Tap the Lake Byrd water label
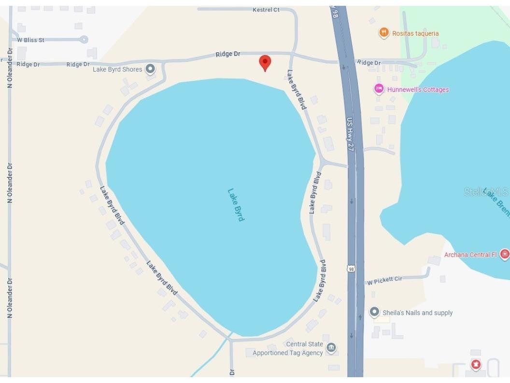click(x=236, y=205)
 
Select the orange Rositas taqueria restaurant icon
click(x=384, y=33)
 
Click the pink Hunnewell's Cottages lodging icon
click(x=379, y=89)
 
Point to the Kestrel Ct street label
click(x=266, y=10)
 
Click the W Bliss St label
click(x=31, y=40)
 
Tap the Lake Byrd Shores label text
click(x=117, y=69)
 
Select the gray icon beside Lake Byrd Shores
click(x=151, y=69)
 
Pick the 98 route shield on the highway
click(x=351, y=268)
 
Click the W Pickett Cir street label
click(x=384, y=280)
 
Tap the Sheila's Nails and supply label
click(x=418, y=313)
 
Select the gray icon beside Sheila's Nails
click(x=374, y=312)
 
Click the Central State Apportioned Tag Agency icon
click(x=331, y=348)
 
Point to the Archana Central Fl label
click(x=470, y=254)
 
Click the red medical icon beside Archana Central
click(x=505, y=254)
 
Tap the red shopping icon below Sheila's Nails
click(x=476, y=364)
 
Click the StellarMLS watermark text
click(x=486, y=192)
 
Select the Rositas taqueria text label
click(x=415, y=33)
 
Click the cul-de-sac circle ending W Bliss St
click(x=84, y=40)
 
